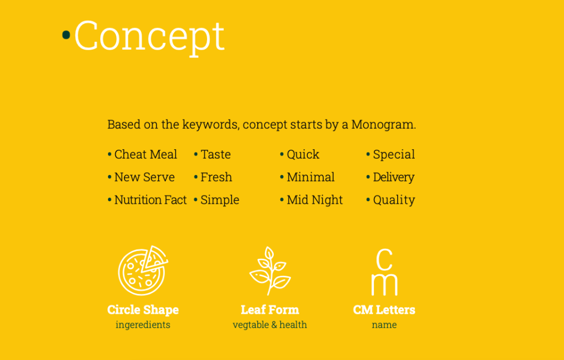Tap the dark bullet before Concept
[x=66, y=35]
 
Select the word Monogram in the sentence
[x=383, y=125]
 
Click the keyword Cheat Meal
[x=145, y=154]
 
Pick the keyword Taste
[x=215, y=154]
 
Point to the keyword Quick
[x=303, y=154]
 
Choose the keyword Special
[x=394, y=154]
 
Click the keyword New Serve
[x=145, y=177]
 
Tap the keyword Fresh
[x=216, y=177]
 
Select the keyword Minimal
[x=311, y=177]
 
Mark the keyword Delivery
[x=393, y=177]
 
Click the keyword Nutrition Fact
[x=151, y=200]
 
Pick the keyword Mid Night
[x=314, y=200]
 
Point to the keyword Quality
[x=394, y=200]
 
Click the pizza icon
[x=143, y=270]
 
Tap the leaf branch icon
[x=270, y=271]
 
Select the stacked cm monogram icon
[x=384, y=272]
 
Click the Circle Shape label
[x=143, y=310]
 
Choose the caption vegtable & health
[x=270, y=325]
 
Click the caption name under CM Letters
[x=384, y=325]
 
